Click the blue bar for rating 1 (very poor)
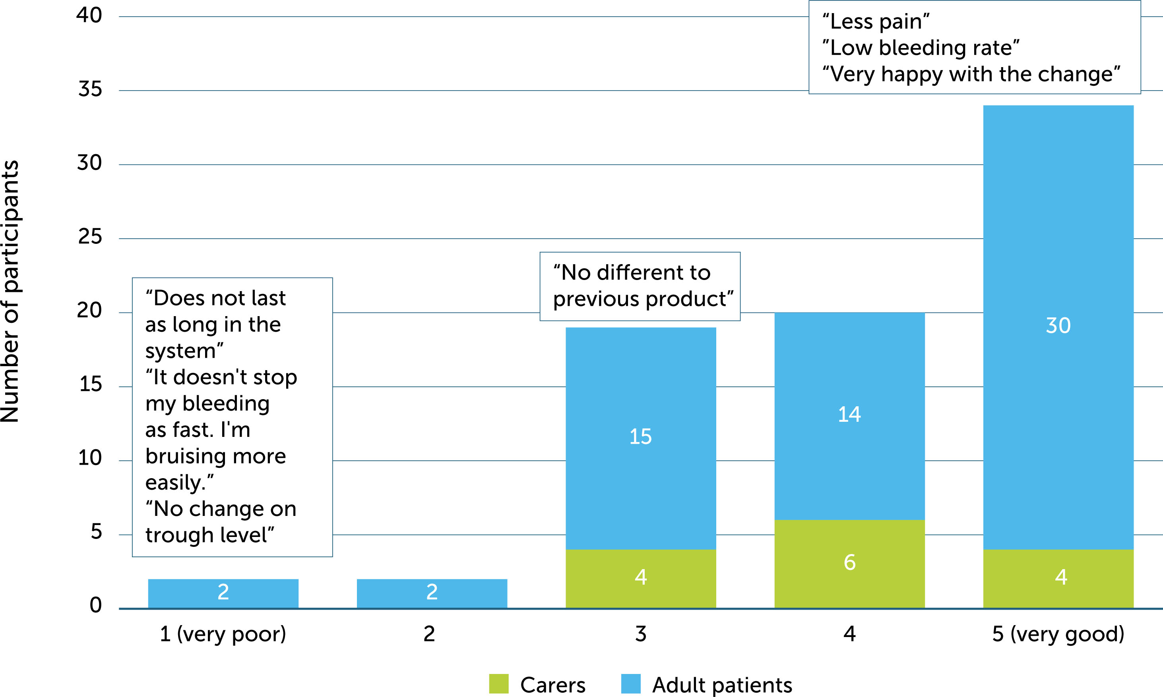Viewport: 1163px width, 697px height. (223, 593)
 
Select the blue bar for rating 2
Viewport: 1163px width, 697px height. (432, 593)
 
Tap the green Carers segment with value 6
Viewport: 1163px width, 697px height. (849, 563)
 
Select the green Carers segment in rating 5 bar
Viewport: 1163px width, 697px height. (1058, 578)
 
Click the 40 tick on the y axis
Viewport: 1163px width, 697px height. (89, 15)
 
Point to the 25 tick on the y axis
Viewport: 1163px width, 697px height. (90, 237)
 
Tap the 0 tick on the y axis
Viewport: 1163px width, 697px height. (95, 605)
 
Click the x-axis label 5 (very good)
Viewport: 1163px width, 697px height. (1058, 634)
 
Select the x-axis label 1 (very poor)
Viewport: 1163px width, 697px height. (223, 634)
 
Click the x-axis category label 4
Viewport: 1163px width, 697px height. (849, 634)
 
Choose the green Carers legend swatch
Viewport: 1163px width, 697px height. (498, 683)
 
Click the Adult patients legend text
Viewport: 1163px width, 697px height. (722, 685)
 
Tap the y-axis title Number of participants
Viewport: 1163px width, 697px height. (10, 291)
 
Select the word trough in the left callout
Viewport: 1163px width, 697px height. (178, 535)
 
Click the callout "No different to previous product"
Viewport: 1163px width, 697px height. (640, 286)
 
